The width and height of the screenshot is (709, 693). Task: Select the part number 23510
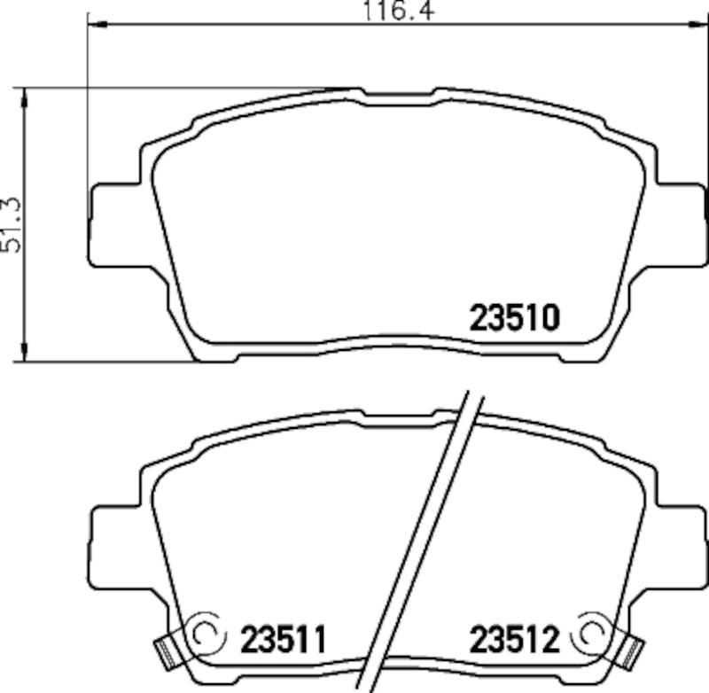coord(514,317)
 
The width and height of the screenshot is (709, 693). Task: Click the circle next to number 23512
coord(591,633)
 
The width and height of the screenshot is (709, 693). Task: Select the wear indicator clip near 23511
coord(165,653)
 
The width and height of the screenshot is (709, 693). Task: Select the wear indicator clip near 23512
coord(632,653)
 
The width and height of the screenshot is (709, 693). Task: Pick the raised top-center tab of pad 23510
coord(397,92)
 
